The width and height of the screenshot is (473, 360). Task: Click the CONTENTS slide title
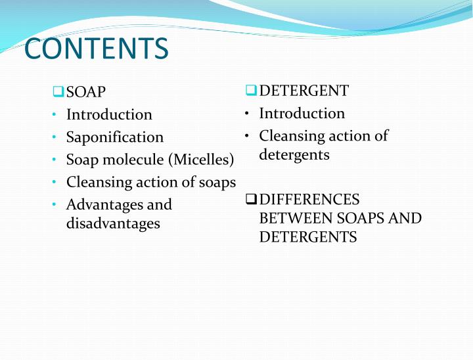tap(96, 49)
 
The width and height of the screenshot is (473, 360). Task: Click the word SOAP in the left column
tap(86, 92)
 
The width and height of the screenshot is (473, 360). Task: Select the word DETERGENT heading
tap(304, 91)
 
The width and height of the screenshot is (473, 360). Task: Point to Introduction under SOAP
tap(109, 114)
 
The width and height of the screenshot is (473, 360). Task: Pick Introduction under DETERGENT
tap(302, 113)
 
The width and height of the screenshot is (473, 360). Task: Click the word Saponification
tap(115, 137)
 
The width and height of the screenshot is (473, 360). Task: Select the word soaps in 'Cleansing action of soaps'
tap(217, 182)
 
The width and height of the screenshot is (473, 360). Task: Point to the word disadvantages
tap(113, 223)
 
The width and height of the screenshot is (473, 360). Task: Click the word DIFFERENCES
tap(309, 199)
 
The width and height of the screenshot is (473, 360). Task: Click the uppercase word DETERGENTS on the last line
tap(308, 237)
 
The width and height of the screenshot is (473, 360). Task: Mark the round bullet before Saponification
tap(52, 137)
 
